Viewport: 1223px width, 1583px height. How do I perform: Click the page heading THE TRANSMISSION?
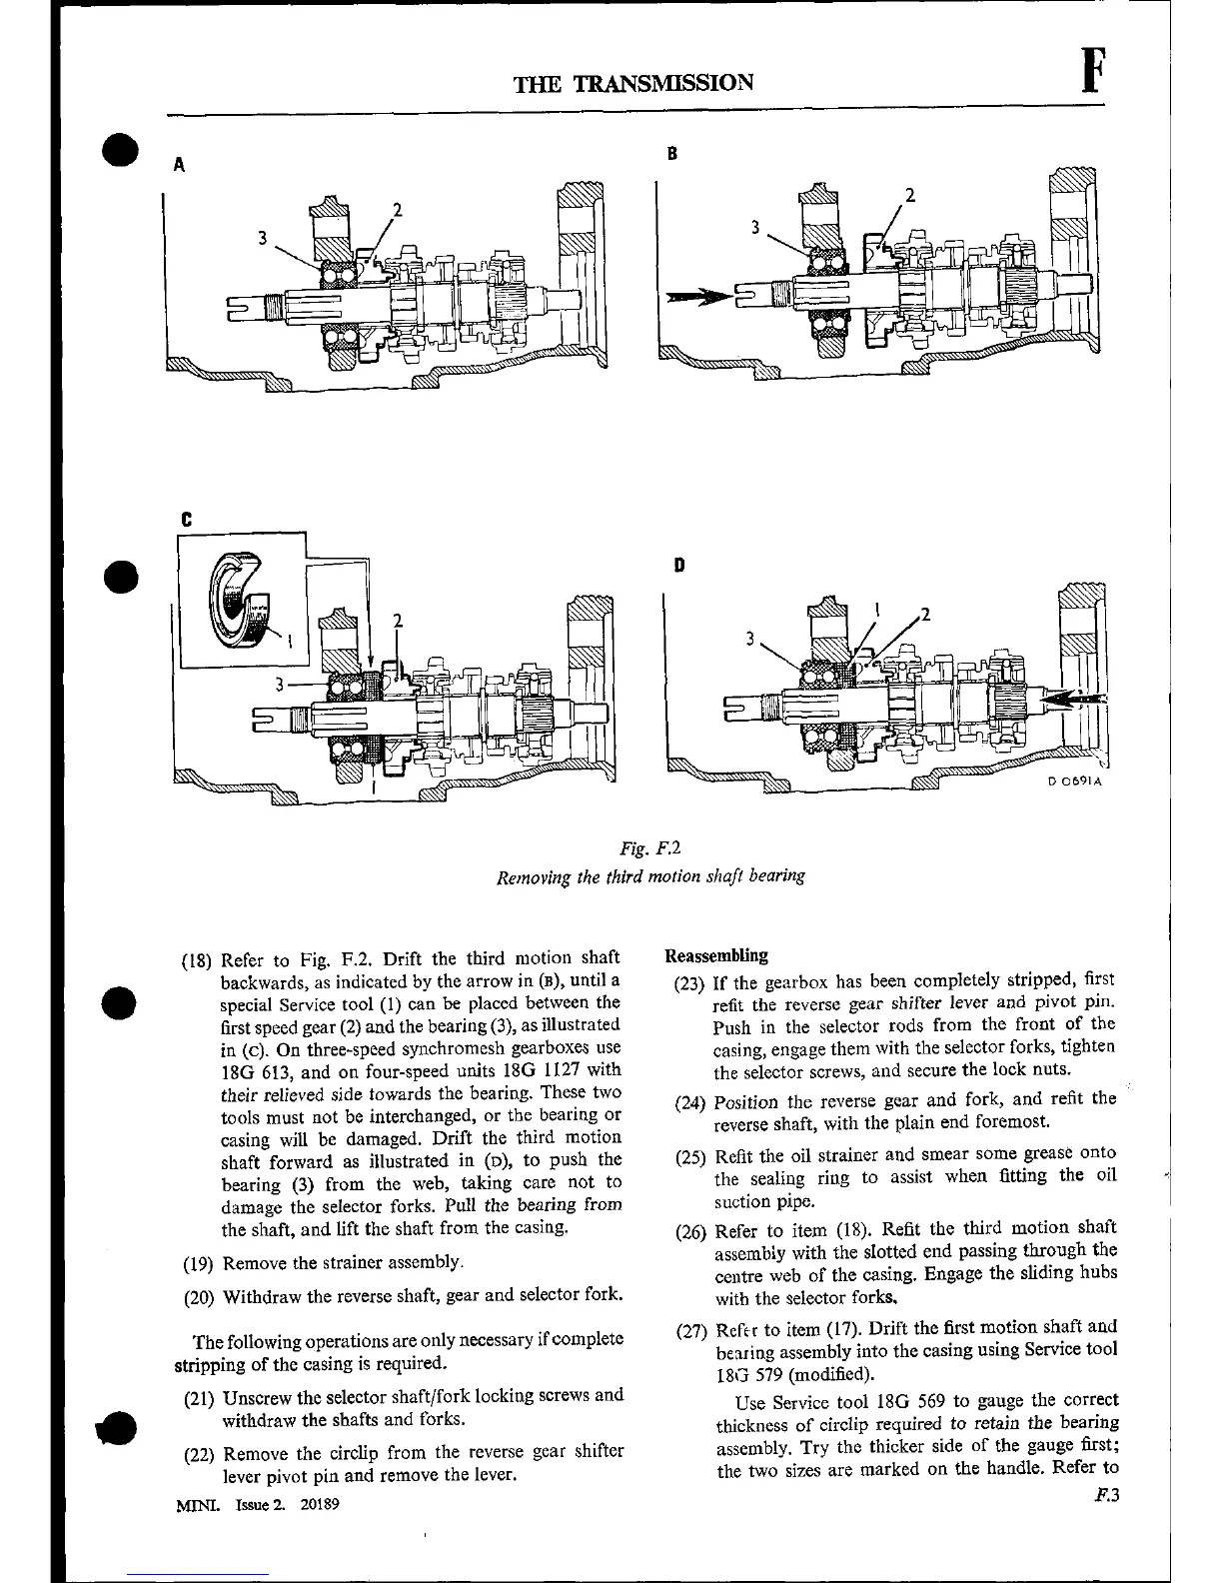click(x=632, y=82)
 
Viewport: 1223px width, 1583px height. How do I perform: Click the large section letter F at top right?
click(x=1095, y=72)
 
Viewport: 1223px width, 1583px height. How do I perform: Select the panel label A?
click(x=179, y=166)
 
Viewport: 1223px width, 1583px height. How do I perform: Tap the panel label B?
click(x=672, y=153)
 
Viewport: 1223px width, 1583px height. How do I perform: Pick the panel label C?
click(x=186, y=521)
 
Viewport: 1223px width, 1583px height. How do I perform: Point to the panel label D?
click(x=679, y=566)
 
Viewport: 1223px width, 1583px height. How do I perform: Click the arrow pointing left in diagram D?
click(x=1075, y=700)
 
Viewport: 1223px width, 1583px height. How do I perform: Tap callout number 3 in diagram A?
click(x=262, y=238)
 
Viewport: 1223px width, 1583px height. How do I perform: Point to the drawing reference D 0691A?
click(x=1074, y=783)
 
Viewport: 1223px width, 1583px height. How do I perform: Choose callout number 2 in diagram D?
click(x=924, y=614)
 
